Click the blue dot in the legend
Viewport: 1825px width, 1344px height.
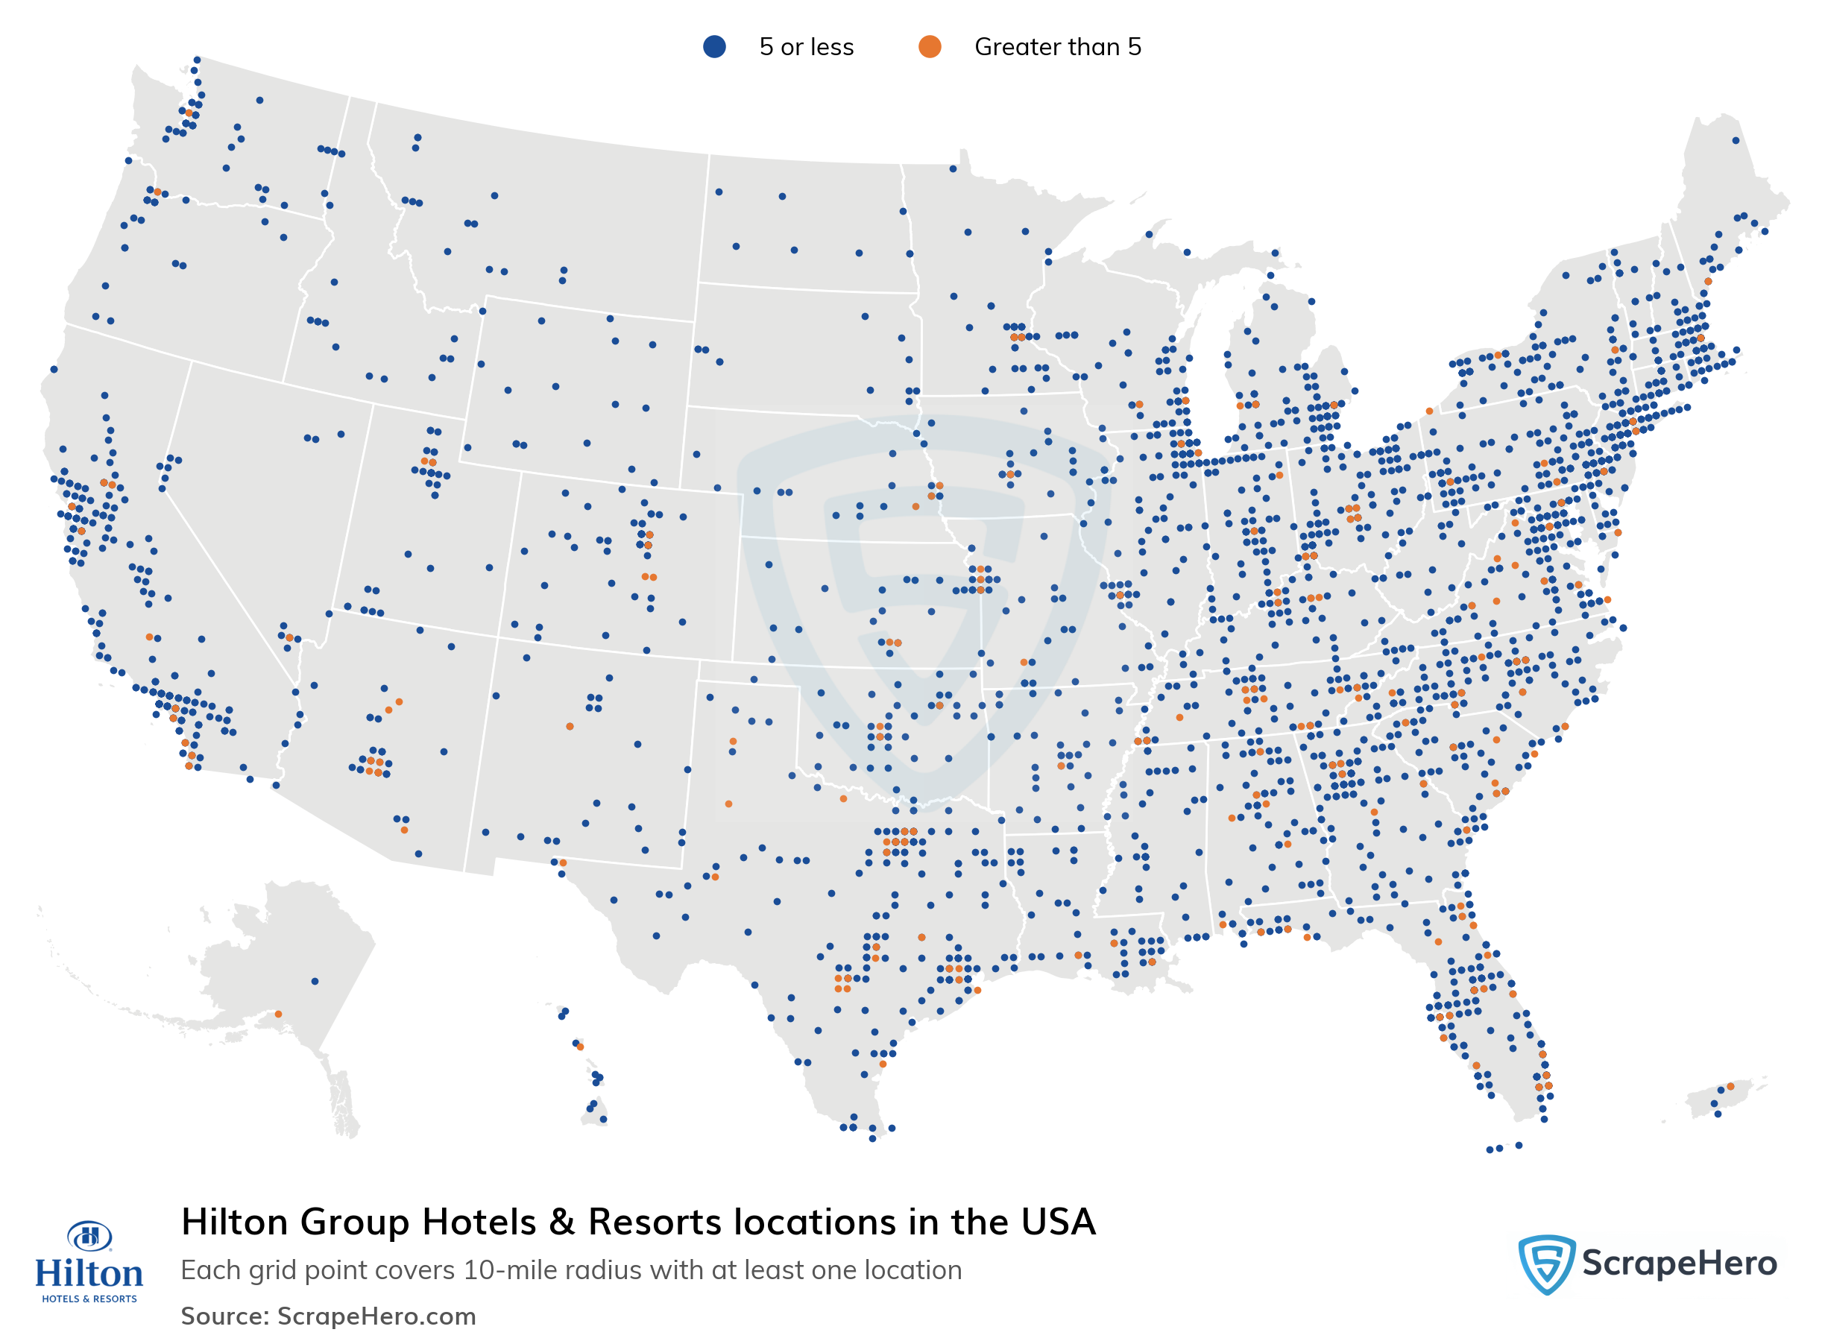point(713,47)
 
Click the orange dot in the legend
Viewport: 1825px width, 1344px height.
point(929,47)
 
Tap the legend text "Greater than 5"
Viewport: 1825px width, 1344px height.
point(1057,47)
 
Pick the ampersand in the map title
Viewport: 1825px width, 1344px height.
point(561,1222)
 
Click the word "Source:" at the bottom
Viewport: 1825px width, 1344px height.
point(224,1316)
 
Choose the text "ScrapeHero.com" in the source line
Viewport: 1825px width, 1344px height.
point(376,1316)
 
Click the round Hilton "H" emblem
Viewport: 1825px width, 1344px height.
point(89,1237)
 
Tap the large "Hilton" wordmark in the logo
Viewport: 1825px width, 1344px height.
point(89,1273)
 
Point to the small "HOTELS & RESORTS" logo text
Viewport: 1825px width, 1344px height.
point(89,1299)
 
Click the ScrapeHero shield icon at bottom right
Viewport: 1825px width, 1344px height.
point(1546,1263)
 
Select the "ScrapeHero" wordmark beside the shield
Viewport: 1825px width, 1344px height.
point(1679,1263)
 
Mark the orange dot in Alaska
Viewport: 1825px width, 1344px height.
point(278,1014)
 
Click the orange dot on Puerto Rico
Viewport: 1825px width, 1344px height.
point(1730,1086)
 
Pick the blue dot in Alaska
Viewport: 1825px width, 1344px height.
point(315,981)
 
